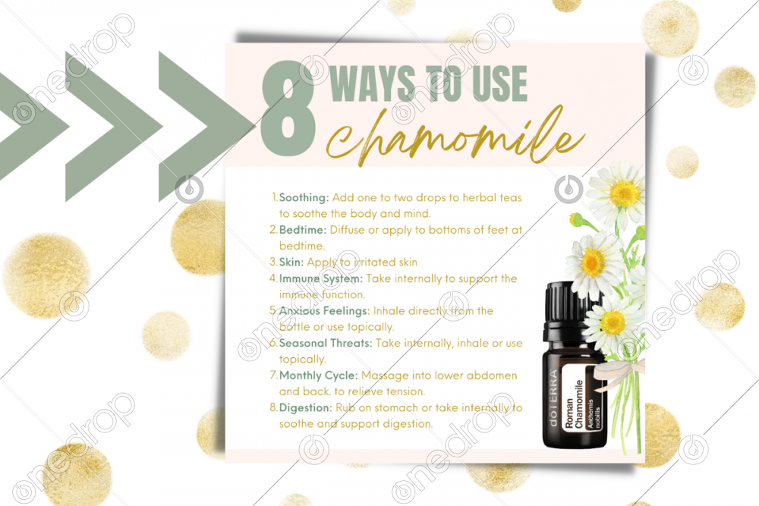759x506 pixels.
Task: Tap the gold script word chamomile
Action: [455, 136]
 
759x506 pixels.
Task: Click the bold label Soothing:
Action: [304, 197]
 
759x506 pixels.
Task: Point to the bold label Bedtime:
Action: [303, 230]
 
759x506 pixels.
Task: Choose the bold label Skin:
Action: [291, 262]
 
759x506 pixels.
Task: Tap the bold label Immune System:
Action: [320, 278]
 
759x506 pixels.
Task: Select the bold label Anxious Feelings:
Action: [324, 310]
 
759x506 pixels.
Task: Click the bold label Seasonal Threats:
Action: [326, 343]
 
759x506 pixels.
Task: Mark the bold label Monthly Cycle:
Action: [318, 376]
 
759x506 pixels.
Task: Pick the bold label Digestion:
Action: [305, 408]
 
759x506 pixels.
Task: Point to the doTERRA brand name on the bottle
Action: [553, 398]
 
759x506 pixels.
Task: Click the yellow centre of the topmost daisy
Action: [625, 193]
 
